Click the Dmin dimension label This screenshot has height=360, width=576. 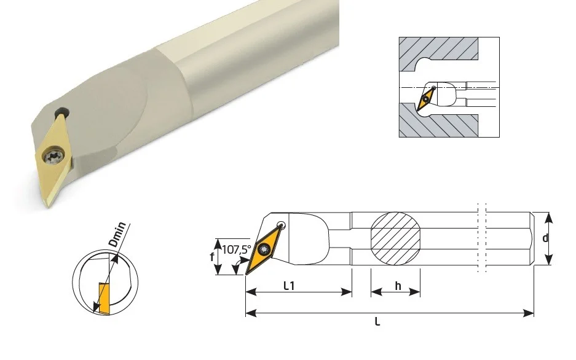[x=118, y=234]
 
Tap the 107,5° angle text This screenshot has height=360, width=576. [x=237, y=249]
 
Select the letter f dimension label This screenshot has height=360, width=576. [x=212, y=257]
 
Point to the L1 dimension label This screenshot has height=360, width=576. [x=289, y=286]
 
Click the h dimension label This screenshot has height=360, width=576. [x=398, y=286]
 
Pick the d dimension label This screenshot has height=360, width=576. [x=545, y=238]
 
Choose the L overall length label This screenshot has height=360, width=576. [x=377, y=322]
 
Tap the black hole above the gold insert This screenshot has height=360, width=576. [x=62, y=112]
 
